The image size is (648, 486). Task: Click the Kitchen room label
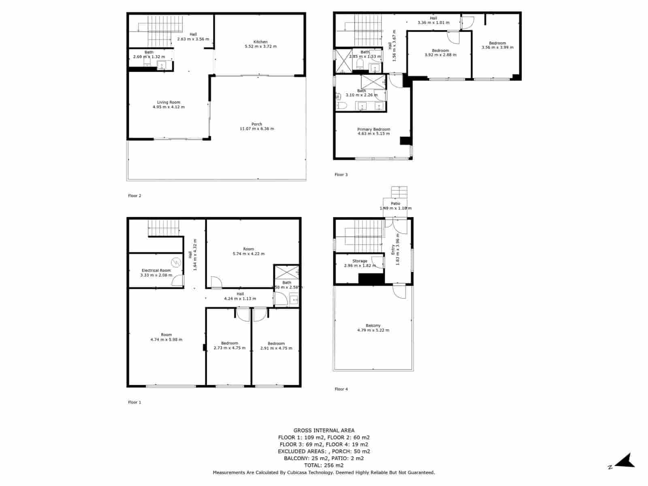[x=260, y=42]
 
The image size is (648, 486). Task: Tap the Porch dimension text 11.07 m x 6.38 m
[x=257, y=129]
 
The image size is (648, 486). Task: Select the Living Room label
[x=168, y=102]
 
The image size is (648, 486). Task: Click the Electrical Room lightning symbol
[x=176, y=263]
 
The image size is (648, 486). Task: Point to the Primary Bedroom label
[x=373, y=129]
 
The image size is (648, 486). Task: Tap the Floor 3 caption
[x=341, y=175]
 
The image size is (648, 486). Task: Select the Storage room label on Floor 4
[x=360, y=261]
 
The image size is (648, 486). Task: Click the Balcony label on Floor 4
[x=373, y=325]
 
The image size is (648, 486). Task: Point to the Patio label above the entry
[x=395, y=203]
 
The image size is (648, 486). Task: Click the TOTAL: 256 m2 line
[x=324, y=465]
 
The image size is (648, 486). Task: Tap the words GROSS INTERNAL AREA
[x=324, y=431]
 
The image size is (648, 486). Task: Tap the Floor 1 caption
[x=134, y=402]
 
